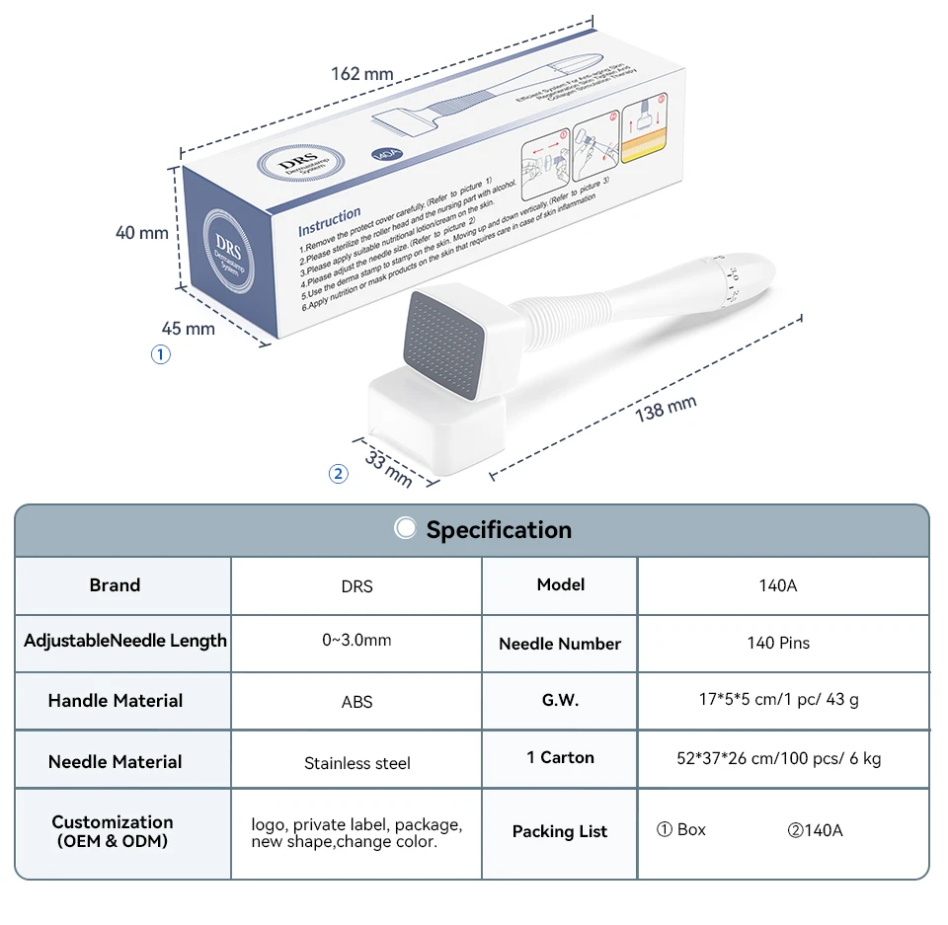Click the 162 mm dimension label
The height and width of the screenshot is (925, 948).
pos(362,74)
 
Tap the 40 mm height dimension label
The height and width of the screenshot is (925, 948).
pos(142,233)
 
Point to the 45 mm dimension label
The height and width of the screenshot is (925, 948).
pos(187,328)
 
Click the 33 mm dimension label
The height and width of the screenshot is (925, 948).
pos(389,467)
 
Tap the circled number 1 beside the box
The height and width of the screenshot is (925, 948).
pos(160,354)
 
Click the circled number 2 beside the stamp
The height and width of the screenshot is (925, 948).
pos(339,474)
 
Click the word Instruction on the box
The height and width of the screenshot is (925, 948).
pos(330,217)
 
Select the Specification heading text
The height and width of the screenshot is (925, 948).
pos(499,530)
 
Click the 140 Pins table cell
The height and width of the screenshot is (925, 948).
pos(778,643)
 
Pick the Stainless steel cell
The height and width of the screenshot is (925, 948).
pos(357,763)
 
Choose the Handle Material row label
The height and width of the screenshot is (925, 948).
pos(116,701)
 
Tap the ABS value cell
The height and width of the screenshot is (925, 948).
pos(357,703)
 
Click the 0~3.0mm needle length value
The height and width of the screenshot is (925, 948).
pos(356,641)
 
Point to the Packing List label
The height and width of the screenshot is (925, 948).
pos(560,831)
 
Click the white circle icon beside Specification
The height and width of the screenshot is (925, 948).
pos(405,528)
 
